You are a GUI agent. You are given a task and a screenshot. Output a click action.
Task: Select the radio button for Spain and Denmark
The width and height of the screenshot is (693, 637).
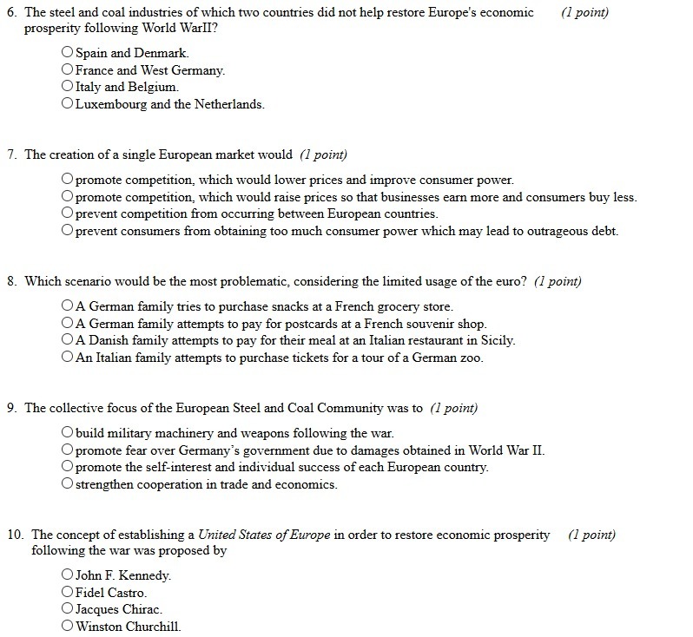[x=68, y=53]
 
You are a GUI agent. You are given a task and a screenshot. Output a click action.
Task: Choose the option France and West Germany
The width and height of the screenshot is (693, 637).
[x=68, y=70]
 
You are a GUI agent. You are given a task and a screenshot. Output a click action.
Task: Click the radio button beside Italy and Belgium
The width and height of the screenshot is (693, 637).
[x=68, y=87]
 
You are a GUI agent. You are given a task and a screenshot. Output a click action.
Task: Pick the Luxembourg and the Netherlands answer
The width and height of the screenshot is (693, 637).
[x=68, y=104]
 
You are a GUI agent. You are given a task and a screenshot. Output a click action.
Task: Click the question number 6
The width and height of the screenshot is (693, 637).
[x=11, y=13]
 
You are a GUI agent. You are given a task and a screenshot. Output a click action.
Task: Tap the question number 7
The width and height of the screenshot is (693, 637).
[x=11, y=155]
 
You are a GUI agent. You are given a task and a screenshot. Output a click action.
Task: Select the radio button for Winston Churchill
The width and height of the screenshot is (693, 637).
[x=68, y=627]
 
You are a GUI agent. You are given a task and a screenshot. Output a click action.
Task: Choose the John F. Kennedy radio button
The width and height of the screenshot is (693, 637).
[x=68, y=575]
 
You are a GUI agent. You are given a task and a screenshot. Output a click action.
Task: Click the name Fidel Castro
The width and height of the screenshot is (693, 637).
[x=111, y=593]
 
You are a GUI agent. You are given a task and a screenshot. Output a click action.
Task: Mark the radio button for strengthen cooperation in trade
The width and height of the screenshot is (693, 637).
[x=68, y=484]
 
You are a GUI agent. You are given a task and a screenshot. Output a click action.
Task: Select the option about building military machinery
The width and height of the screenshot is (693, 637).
[x=68, y=432]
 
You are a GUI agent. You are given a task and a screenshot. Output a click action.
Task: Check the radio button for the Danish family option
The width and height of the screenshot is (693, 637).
[x=68, y=340]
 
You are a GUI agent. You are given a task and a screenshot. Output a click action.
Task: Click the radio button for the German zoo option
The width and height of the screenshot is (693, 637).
[x=68, y=358]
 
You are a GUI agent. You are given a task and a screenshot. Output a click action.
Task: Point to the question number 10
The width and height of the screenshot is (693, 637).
[x=15, y=535]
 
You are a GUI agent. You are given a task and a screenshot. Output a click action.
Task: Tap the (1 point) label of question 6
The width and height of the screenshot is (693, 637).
[x=584, y=13]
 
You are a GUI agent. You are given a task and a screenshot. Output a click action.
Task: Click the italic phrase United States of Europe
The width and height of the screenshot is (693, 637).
[x=264, y=535]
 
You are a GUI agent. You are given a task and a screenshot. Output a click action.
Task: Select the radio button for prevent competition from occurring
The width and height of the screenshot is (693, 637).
[x=68, y=213]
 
